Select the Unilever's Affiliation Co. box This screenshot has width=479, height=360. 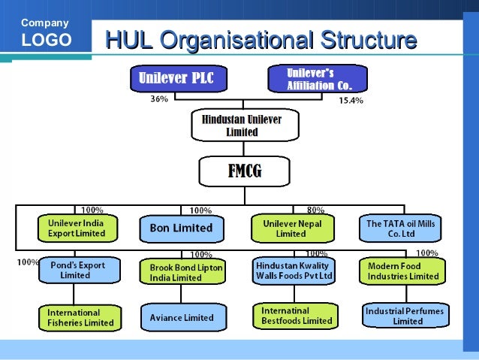point(318,78)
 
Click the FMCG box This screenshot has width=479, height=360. point(244,171)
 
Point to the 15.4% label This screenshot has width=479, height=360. point(351,100)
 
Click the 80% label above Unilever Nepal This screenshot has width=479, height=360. point(316,210)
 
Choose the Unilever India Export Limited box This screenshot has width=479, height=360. point(77,228)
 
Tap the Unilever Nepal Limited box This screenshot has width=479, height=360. point(292,228)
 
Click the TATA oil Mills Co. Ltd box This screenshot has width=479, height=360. point(400,228)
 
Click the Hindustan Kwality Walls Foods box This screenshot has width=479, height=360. point(294,271)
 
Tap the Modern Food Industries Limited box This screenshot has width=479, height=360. point(404,271)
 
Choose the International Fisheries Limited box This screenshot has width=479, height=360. point(80,317)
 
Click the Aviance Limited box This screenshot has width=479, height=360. point(182,317)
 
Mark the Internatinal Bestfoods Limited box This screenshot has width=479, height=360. point(296,316)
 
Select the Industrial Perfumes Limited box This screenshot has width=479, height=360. point(404,316)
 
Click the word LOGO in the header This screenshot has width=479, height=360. point(47,41)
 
